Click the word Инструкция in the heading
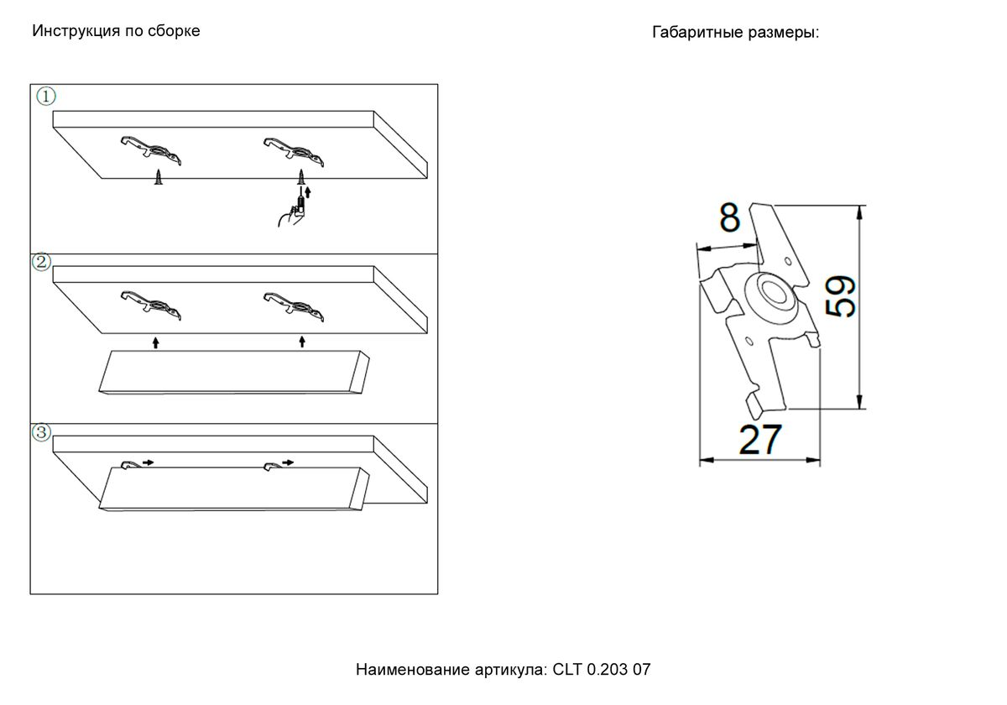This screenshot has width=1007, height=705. (x=76, y=31)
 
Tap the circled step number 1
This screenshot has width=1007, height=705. (x=46, y=97)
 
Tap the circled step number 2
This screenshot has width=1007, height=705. (x=42, y=262)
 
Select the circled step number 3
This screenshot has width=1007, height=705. (x=41, y=432)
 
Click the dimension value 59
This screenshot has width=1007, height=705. (x=840, y=296)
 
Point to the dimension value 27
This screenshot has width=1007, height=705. (x=760, y=439)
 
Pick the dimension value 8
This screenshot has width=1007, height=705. (x=729, y=217)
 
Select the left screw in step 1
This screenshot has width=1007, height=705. (x=159, y=177)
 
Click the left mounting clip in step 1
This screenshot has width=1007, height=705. (x=151, y=150)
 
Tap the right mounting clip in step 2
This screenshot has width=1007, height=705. (x=294, y=305)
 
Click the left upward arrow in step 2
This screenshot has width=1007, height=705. (x=155, y=342)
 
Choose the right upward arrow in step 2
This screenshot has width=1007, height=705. (x=302, y=342)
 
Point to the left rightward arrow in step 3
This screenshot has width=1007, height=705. (x=148, y=462)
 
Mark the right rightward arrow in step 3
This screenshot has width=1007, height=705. (x=288, y=462)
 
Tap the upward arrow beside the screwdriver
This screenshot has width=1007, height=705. (x=307, y=192)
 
